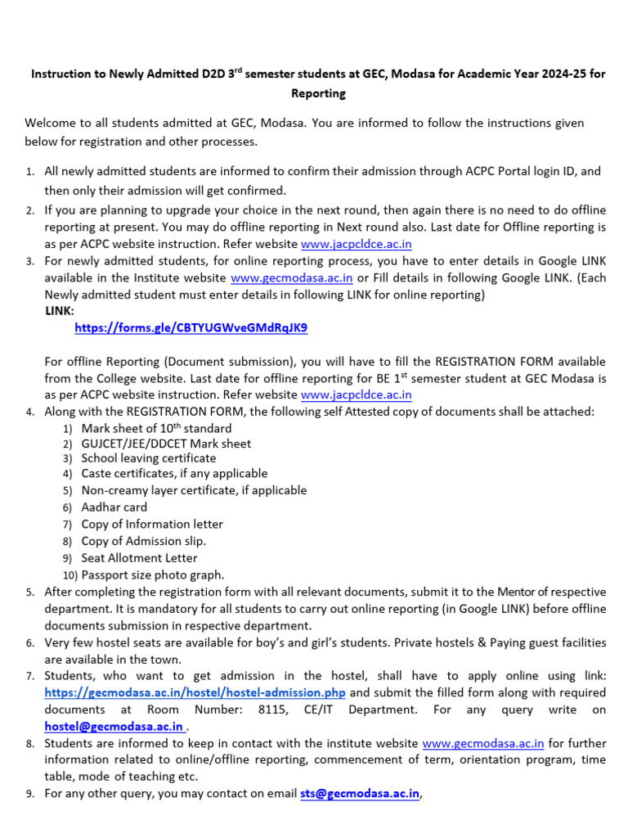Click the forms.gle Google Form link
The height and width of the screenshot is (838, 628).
pyautogui.click(x=191, y=327)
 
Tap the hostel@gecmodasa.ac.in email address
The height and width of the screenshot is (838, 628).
pyautogui.click(x=114, y=726)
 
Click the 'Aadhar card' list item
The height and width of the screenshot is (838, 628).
pyautogui.click(x=114, y=507)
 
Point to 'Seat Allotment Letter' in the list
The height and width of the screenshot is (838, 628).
pyautogui.click(x=139, y=558)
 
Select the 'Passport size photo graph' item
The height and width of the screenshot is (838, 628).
pyautogui.click(x=152, y=574)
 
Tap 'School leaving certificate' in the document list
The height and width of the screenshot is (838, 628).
pyautogui.click(x=137, y=458)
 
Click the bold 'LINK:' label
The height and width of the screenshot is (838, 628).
pyautogui.click(x=60, y=311)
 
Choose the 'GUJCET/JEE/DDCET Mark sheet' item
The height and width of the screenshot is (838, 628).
pyautogui.click(x=166, y=444)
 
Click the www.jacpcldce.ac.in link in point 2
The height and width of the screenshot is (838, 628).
pyautogui.click(x=356, y=244)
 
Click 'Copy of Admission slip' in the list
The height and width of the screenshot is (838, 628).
pyautogui.click(x=143, y=541)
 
